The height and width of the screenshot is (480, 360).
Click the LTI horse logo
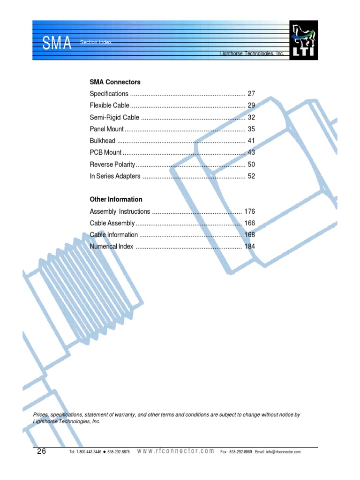pos(304,40)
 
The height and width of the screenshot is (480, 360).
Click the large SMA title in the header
pos(57,44)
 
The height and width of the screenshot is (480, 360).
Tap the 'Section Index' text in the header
pos(96,43)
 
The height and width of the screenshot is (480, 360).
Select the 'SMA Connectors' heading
pos(115,82)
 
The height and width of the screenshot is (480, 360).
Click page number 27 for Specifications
pos(251,94)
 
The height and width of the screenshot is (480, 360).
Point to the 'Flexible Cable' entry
pos(109,105)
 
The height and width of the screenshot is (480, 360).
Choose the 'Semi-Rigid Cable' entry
pos(114,117)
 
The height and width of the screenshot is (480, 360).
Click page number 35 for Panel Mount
pos(251,129)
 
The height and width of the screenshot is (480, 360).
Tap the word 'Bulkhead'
pos(102,141)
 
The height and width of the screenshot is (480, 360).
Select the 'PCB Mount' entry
pos(105,152)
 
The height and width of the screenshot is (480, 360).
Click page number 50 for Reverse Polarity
pos(251,165)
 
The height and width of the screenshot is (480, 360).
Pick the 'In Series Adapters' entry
pos(115,176)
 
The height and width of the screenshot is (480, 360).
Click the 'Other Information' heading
pos(116,200)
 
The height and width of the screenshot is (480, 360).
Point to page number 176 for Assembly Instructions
pos(249,211)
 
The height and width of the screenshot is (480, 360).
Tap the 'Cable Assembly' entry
pos(112,223)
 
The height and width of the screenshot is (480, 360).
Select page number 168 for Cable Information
pos(249,235)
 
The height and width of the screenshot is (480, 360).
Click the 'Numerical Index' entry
pos(112,247)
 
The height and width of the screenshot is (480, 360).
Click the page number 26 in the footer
pos(42,451)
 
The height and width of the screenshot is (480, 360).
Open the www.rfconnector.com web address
pos(176,451)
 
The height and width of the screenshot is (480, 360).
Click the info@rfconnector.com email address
pos(283,452)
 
